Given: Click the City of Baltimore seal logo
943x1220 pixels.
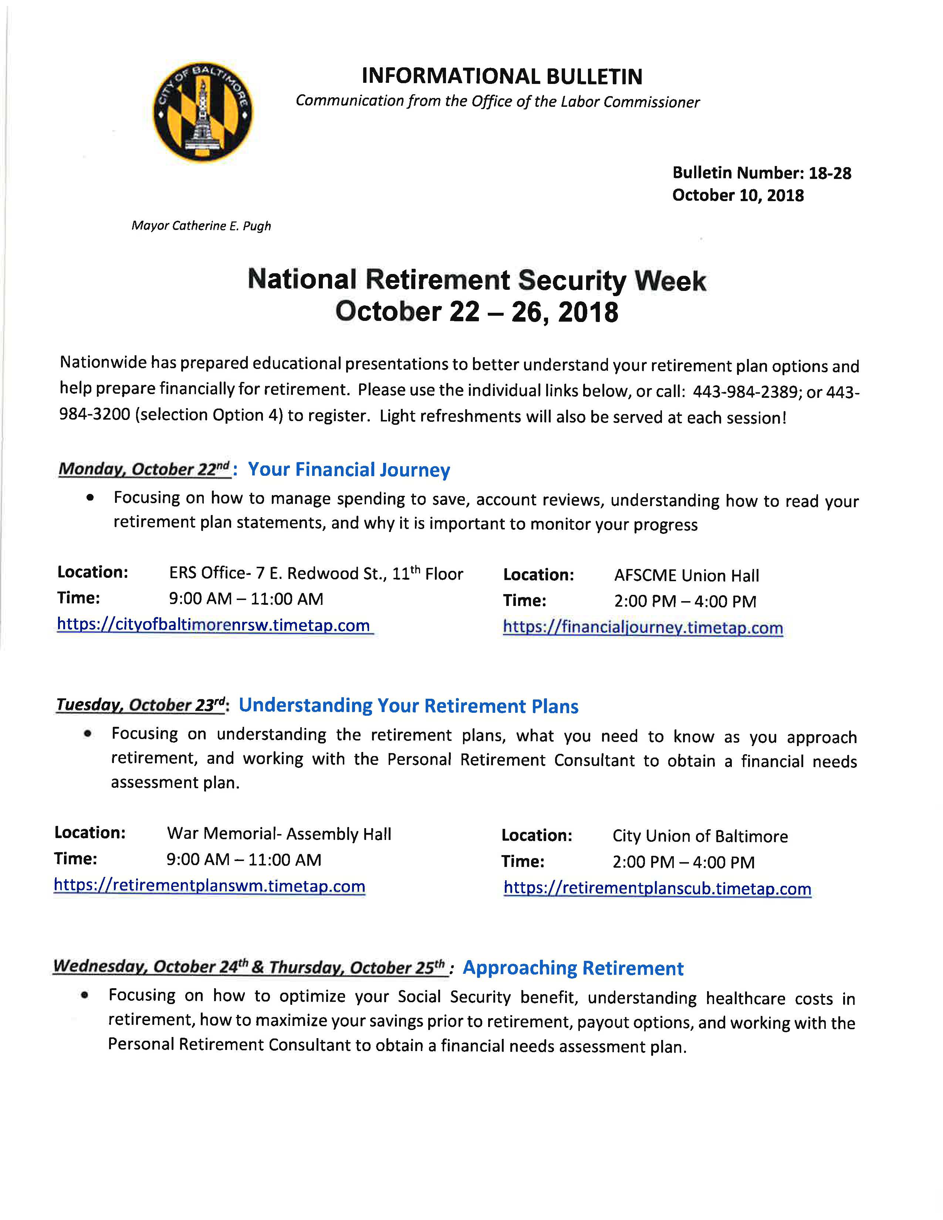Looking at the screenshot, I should click(203, 112).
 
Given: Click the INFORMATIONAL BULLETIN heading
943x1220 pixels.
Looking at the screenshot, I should click(502, 76).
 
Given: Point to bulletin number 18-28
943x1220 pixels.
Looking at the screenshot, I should click(829, 173).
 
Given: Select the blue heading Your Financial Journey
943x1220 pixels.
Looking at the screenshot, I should click(349, 470).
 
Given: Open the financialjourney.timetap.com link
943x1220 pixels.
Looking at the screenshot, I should click(642, 628).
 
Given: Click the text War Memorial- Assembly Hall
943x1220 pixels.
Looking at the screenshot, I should click(279, 834).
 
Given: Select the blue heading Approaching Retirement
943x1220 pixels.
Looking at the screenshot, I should click(572, 968).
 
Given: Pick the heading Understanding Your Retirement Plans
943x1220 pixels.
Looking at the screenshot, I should click(408, 706).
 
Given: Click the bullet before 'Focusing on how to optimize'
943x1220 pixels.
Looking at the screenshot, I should click(84, 995).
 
